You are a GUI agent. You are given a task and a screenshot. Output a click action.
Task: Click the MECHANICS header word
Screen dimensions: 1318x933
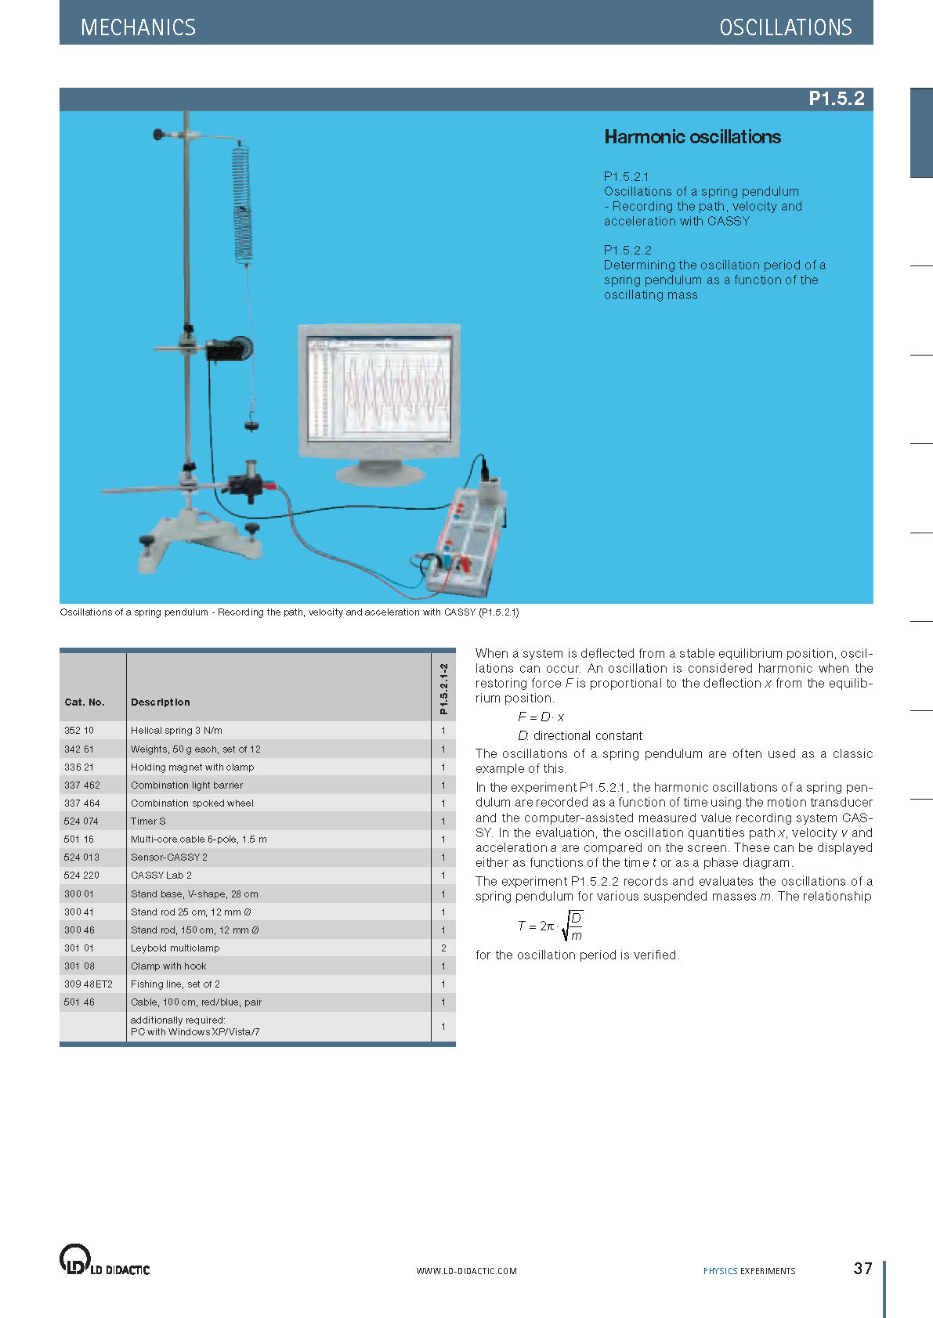pos(138,27)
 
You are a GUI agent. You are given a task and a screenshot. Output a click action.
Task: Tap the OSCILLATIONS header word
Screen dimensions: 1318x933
pos(785,27)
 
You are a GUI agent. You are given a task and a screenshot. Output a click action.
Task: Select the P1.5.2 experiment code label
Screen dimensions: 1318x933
pos(836,99)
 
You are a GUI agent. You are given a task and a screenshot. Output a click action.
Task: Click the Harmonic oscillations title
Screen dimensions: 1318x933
pos(693,137)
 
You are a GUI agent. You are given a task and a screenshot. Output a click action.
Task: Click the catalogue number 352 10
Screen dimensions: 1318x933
pos(79,731)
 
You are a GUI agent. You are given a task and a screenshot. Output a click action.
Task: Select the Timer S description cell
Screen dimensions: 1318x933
pos(148,821)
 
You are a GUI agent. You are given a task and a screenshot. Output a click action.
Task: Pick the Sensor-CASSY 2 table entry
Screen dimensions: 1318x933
pos(169,858)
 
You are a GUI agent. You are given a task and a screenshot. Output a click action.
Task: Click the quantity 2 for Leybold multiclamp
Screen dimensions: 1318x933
pos(443,948)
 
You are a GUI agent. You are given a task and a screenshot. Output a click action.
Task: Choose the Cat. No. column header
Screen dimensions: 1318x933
pos(85,702)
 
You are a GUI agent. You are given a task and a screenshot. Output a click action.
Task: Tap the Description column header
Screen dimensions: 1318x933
pos(161,702)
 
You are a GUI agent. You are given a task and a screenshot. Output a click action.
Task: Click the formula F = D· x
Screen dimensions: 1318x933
pos(541,717)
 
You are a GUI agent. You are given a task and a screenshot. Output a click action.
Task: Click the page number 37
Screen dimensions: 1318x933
pos(862,1269)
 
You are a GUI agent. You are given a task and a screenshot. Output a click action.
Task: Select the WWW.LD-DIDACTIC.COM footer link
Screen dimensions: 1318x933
pos(466,1271)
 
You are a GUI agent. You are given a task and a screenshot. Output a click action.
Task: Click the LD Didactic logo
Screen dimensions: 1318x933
pos(104,1260)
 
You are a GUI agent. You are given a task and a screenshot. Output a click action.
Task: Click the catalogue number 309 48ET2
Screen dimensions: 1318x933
pos(89,984)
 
